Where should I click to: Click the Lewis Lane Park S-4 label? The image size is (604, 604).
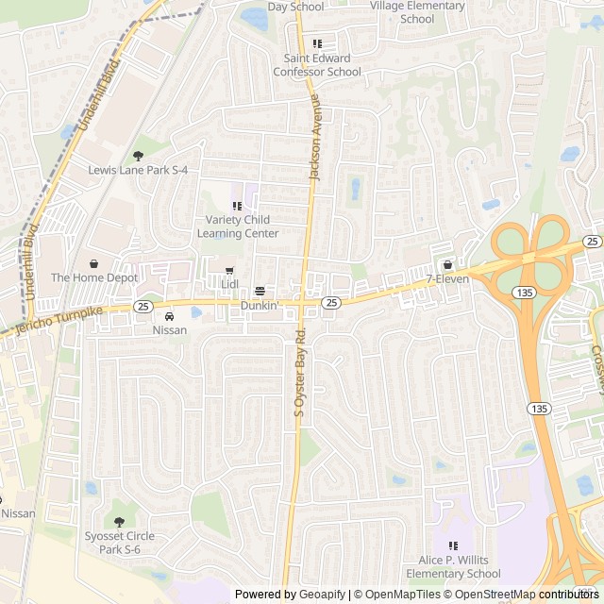[x=138, y=170]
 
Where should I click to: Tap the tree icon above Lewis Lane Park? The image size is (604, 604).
[x=138, y=156]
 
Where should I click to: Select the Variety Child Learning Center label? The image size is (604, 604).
[x=237, y=226]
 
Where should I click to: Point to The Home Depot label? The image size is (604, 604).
[x=93, y=277]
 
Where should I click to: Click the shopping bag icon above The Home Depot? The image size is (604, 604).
[x=93, y=263]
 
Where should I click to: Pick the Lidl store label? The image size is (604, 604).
[x=229, y=283]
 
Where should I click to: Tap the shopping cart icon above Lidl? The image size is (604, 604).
[x=228, y=271]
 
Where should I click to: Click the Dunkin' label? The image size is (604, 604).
[x=259, y=305]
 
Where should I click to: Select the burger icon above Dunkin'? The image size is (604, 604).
[x=260, y=291]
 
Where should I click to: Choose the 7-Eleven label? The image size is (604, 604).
[x=447, y=279]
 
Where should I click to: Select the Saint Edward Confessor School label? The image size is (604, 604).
[x=317, y=65]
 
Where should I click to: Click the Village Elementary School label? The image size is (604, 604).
[x=417, y=12]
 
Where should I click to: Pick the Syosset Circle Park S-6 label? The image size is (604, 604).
[x=119, y=543]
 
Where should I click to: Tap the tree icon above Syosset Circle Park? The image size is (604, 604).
[x=119, y=522]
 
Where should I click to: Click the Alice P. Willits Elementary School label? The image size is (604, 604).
[x=460, y=566]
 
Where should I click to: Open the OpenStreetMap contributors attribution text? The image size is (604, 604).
[x=523, y=595]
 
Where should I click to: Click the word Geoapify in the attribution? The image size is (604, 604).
[x=322, y=595]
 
